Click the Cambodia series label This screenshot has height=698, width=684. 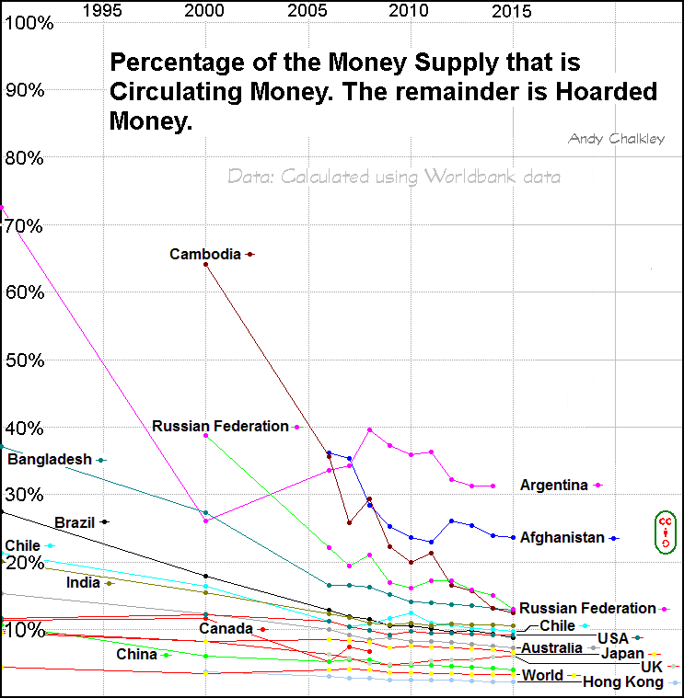pos(205,254)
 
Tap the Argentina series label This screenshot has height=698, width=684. pos(553,485)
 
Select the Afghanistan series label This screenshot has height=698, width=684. pos(562,537)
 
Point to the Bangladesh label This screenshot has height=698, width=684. pos(50,459)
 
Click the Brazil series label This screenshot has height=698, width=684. pos(75,522)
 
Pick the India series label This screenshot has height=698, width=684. pos(83,582)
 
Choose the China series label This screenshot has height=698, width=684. pos(136,655)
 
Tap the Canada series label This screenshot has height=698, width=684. pos(226,628)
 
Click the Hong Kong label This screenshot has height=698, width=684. pos(623,682)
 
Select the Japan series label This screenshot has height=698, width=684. pos(622,653)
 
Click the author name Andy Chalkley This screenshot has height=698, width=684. pos(616,138)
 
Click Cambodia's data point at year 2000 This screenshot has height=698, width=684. pos(205,264)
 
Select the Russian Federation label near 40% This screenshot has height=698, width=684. pos(220,426)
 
